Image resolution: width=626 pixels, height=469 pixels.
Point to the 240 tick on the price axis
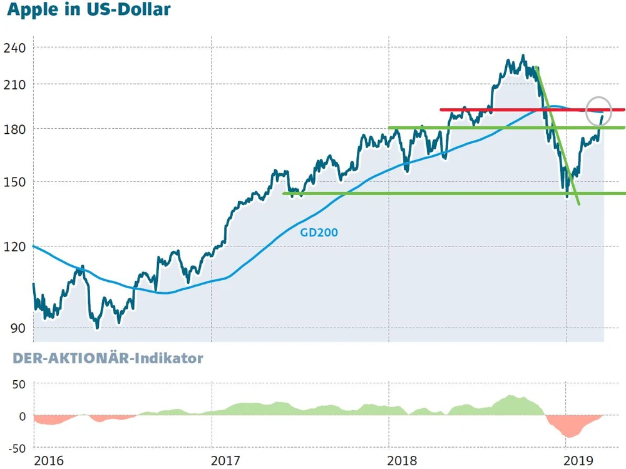(14, 48)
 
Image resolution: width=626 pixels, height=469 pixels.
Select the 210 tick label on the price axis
(14, 84)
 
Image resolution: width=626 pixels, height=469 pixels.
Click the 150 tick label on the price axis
(14, 183)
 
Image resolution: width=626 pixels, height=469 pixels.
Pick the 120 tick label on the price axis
(14, 246)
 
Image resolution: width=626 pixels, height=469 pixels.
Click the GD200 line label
(319, 233)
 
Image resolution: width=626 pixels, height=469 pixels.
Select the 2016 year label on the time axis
(49, 461)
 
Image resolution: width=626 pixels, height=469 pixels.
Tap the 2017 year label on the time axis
(227, 461)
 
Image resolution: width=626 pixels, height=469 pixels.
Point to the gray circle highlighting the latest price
(598, 111)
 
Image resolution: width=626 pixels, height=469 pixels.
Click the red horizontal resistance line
(513, 110)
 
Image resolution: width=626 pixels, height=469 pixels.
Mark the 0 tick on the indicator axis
(22, 416)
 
